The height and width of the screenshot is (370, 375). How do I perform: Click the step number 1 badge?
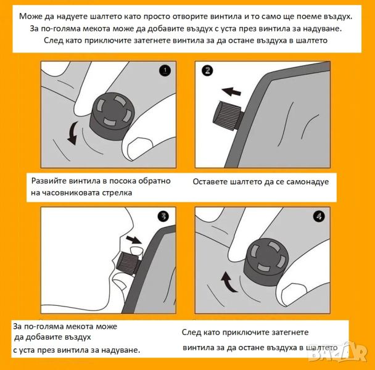(x=165, y=70)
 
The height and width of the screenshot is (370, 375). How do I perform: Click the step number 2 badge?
(x=207, y=70)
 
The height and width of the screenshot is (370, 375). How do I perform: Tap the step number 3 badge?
(x=163, y=216)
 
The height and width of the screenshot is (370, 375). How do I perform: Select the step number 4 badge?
(x=319, y=216)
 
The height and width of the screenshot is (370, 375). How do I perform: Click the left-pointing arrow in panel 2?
(x=231, y=91)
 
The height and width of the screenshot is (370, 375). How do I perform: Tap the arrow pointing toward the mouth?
(x=134, y=239)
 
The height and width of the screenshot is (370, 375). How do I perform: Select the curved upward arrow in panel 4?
(x=228, y=282)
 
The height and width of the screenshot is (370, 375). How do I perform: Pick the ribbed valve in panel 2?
(x=227, y=117)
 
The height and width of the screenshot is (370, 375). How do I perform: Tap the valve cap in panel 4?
(x=266, y=261)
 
